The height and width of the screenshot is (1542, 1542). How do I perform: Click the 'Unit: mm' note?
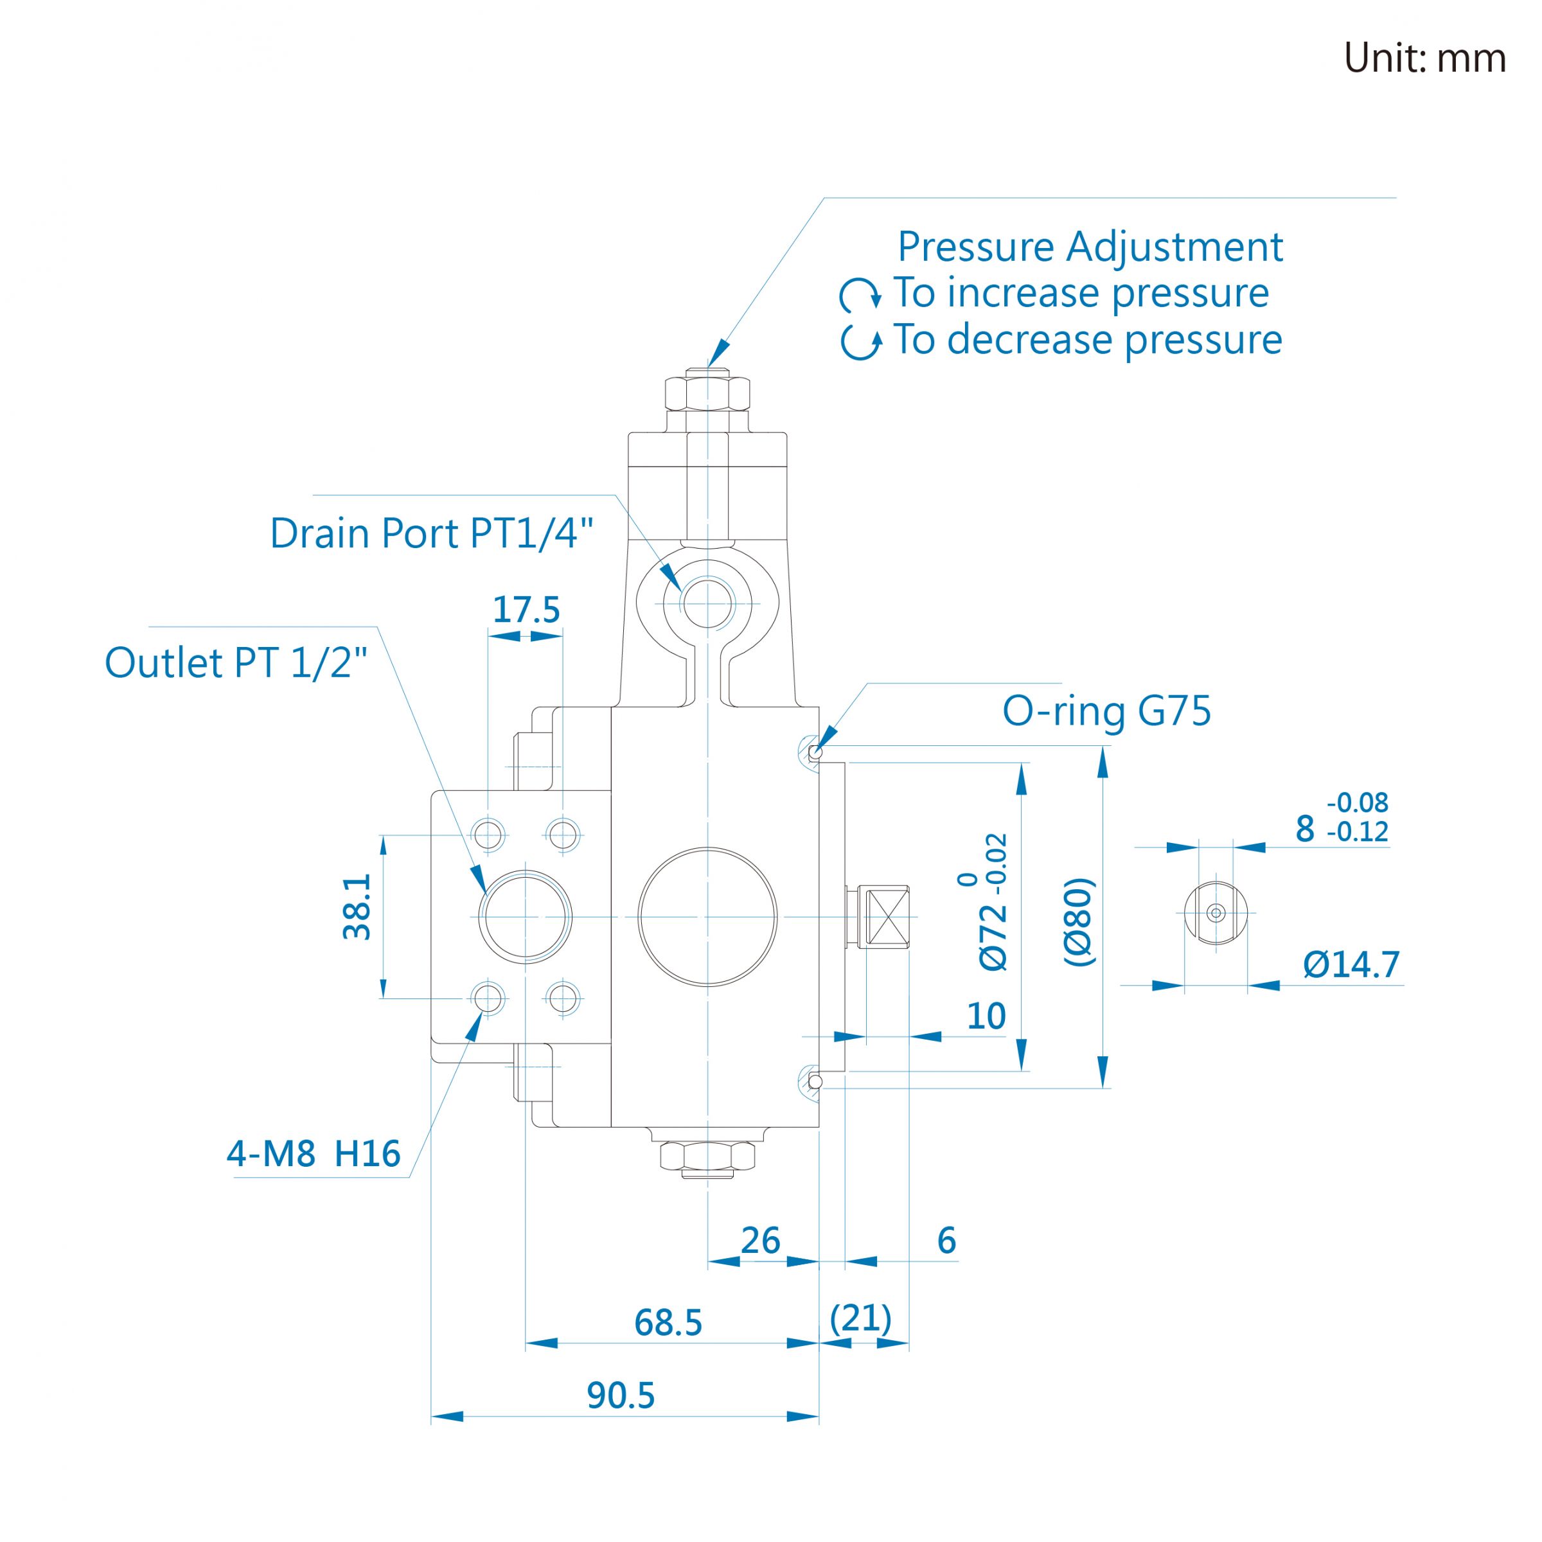[x=1424, y=58]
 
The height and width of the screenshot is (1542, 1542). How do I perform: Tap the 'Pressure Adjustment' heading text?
[x=1090, y=247]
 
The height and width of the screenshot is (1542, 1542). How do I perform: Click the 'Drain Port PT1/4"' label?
[x=432, y=533]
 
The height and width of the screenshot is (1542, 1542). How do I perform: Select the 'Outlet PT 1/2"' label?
[x=236, y=662]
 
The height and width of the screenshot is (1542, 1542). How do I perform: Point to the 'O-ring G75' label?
[x=1106, y=711]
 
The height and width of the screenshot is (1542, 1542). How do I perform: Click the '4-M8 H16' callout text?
[x=314, y=1153]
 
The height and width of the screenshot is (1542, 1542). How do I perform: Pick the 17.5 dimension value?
[x=526, y=610]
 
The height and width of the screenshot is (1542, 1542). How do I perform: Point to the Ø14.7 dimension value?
[x=1351, y=964]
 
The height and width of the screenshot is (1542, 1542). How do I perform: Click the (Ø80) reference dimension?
[x=1079, y=922]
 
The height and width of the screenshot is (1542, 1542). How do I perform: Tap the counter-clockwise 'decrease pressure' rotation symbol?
[x=861, y=342]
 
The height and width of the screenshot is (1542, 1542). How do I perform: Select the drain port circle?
[x=707, y=604]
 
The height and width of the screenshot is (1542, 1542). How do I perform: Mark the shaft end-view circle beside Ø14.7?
[x=1216, y=913]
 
